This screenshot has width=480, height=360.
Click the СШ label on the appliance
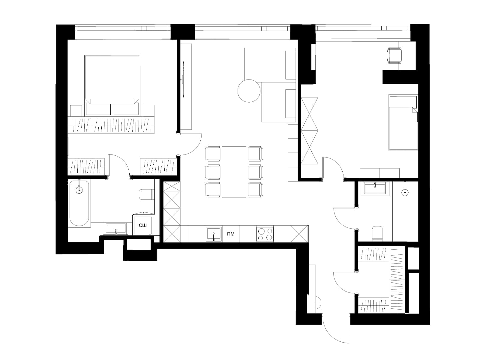142,225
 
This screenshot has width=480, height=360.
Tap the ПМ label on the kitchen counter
231,234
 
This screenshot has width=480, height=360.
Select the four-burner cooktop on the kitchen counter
265,234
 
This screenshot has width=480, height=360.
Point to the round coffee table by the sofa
249,91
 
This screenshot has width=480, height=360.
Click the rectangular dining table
234,172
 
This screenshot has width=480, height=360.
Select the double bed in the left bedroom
112,85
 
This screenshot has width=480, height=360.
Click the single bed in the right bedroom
403,122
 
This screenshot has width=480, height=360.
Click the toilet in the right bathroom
377,234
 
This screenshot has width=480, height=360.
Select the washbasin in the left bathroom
116,228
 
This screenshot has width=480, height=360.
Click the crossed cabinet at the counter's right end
300,234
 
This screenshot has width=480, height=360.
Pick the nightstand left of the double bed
76,111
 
